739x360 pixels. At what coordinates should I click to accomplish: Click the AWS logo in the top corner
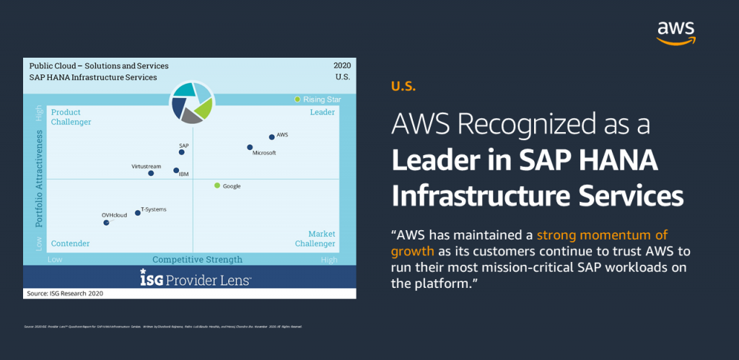coord(675,32)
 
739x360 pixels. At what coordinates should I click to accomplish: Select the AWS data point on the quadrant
coord(271,136)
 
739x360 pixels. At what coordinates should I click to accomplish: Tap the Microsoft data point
coord(250,147)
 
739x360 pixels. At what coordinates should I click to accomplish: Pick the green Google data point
coord(217,185)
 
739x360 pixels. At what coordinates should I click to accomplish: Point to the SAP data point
coord(182,152)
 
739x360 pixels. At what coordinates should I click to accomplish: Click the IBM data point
coord(176,171)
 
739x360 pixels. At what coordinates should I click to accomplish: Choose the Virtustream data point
coord(151,173)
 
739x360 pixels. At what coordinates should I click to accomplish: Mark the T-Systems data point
coord(138,213)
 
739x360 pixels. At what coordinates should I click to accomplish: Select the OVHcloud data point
coord(106,223)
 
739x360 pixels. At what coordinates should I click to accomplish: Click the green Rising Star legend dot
coord(297,99)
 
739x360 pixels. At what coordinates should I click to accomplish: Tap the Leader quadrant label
coord(322,113)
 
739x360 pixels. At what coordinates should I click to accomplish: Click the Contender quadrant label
coord(70,244)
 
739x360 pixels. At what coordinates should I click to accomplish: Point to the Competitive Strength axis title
coord(197,260)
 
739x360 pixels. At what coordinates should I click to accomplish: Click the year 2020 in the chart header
coord(341,66)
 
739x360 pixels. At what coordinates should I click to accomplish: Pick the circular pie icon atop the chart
coord(191,102)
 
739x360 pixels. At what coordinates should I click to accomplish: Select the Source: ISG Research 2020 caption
coord(65,294)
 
